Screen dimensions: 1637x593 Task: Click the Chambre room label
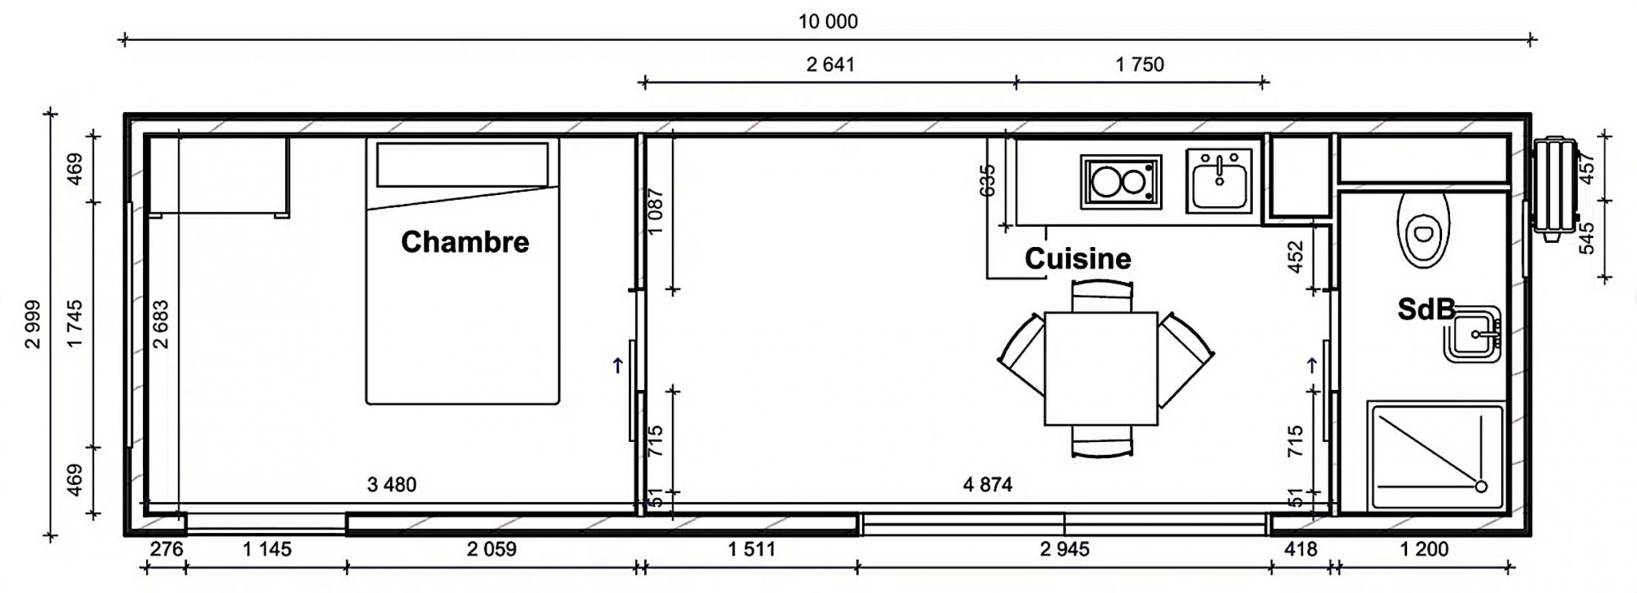tap(465, 242)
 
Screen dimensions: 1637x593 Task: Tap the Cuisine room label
tap(1078, 259)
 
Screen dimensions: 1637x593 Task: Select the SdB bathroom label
tap(1426, 309)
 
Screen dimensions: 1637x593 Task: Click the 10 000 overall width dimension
tap(828, 21)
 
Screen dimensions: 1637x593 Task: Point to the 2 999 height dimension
tap(33, 324)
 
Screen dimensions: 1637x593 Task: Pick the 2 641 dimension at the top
tap(831, 64)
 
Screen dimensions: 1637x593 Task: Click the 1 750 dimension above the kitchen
tap(1140, 64)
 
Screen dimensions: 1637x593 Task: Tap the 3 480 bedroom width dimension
tap(392, 485)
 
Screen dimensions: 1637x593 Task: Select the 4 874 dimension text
tap(987, 485)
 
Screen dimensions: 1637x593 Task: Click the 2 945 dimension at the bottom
tap(1064, 549)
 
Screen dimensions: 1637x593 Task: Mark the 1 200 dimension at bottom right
tap(1423, 549)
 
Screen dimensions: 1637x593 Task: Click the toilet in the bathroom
tap(1423, 230)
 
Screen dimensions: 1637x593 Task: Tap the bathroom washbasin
tap(1473, 334)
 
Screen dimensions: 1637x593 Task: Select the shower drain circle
tap(1480, 487)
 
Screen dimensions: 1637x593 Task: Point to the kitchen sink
tap(1219, 181)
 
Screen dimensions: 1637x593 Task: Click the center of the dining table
tap(1101, 369)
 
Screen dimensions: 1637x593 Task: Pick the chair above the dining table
tap(1102, 296)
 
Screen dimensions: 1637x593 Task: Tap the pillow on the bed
tap(462, 165)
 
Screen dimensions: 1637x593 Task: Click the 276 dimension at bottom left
tap(166, 549)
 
